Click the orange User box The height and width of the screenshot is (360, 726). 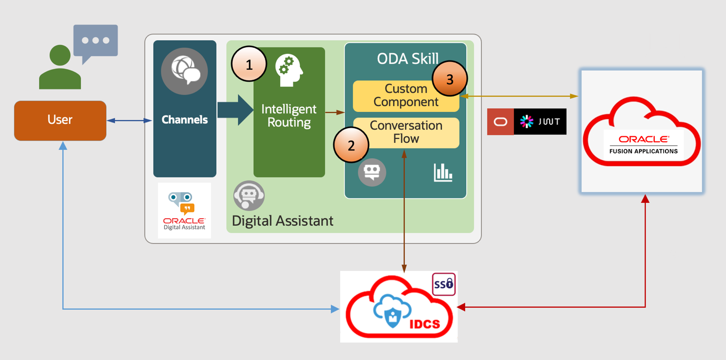60,120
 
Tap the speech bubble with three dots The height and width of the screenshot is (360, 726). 96,41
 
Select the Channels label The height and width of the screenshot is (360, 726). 185,120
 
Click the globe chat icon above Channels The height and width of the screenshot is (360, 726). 185,72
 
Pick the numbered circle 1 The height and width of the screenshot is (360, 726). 249,65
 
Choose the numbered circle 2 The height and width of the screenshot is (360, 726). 351,145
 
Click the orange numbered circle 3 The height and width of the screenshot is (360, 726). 449,79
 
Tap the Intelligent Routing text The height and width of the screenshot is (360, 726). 289,116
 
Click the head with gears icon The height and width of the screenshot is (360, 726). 289,71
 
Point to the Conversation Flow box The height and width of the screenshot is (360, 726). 406,132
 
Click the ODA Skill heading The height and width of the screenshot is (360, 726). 408,59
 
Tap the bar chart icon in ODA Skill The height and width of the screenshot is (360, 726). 443,172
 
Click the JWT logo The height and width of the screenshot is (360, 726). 540,122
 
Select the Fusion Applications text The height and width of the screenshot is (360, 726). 643,151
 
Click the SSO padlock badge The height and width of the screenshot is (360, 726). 443,285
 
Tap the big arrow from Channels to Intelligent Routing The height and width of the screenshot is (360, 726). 234,110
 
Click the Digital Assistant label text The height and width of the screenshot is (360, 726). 283,221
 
